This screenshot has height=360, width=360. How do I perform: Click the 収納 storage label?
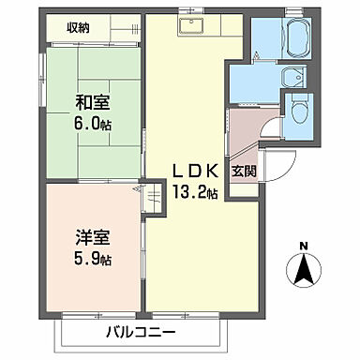point(79,28)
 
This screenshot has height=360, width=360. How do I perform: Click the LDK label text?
point(195,170)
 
